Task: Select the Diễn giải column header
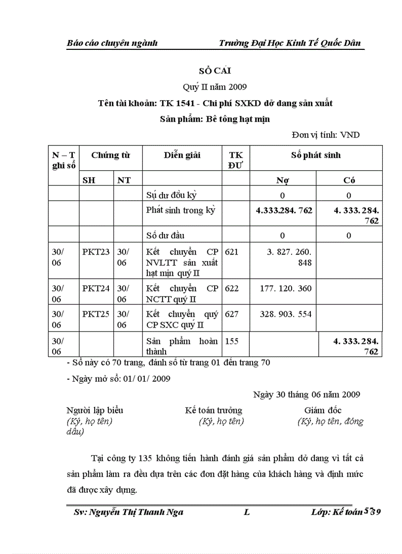pyautogui.click(x=182, y=155)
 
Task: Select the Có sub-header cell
pyautogui.click(x=349, y=180)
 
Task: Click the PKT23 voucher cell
pyautogui.click(x=96, y=252)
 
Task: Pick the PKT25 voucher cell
pyautogui.click(x=96, y=314)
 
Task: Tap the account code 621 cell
pyautogui.click(x=232, y=252)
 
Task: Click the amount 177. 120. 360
pyautogui.click(x=286, y=288)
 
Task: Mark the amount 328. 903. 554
pyautogui.click(x=286, y=314)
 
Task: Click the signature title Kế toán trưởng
pyautogui.click(x=213, y=410)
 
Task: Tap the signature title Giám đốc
pyautogui.click(x=323, y=410)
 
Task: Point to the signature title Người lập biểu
pyautogui.click(x=95, y=410)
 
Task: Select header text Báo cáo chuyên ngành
pyautogui.click(x=112, y=43)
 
